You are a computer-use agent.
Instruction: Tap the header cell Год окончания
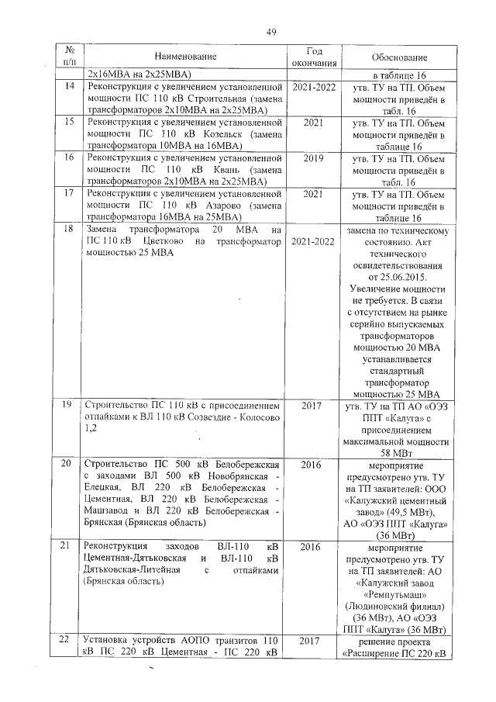[315, 57]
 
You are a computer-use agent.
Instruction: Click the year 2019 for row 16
[314, 158]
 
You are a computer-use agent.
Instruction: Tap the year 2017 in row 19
[314, 406]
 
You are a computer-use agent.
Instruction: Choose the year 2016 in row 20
[314, 463]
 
